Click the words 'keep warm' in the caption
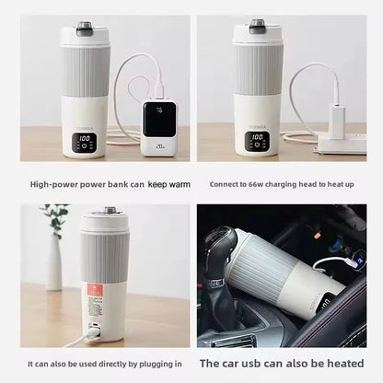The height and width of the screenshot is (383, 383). [x=169, y=185]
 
